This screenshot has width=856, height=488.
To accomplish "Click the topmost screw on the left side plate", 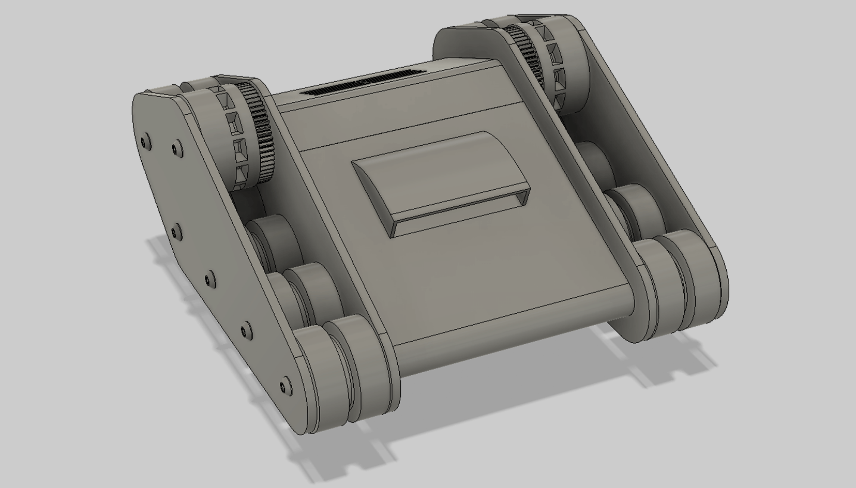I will pos(145,140).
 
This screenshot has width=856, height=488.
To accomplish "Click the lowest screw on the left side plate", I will pos(283,386).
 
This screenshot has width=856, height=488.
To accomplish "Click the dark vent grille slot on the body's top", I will pos(362,83).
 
